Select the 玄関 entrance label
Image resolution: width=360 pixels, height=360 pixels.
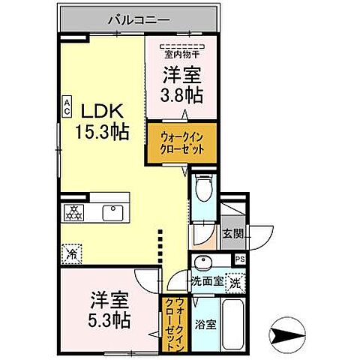232,233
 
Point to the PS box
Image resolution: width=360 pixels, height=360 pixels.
240,259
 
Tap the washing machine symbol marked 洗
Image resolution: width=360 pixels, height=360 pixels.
235,283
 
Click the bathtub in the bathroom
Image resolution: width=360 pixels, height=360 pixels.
231,325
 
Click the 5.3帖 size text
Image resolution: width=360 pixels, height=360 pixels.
109,320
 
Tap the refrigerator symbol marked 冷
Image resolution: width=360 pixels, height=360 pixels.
73,253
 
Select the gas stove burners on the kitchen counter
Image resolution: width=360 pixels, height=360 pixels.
75,213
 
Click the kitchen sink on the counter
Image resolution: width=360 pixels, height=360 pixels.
114,213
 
